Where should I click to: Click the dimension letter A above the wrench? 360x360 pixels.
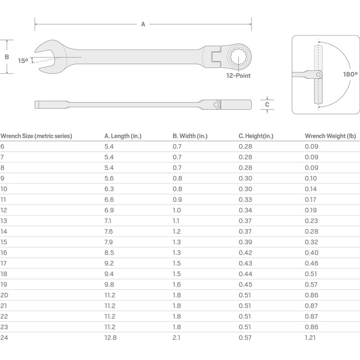tap(143, 24)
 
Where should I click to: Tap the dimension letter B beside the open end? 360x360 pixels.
tap(7, 57)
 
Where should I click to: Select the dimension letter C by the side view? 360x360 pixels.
tap(267, 104)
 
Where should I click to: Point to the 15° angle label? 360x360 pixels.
tap(23, 60)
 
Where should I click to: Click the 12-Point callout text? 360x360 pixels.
tap(238, 76)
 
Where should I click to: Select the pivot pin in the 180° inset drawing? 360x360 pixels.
tap(319, 74)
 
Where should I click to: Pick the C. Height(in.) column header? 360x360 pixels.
tap(256, 136)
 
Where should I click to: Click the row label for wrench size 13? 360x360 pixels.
tap(4, 221)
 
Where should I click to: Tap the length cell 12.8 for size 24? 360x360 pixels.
tap(110, 338)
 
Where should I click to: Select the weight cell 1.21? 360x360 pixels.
tap(311, 338)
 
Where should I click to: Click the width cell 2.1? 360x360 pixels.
tap(177, 338)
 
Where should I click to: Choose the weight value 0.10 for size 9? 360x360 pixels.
tap(311, 178)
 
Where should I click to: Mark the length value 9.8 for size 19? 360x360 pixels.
tap(109, 285)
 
